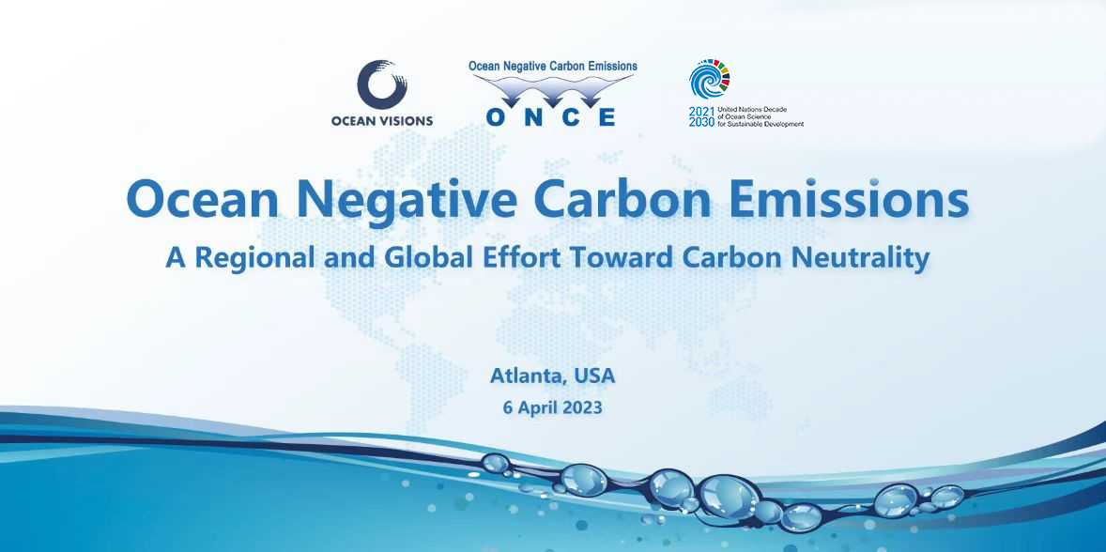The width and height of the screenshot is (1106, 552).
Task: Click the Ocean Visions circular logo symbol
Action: [382, 84]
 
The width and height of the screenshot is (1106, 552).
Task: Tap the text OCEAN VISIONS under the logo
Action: [382, 120]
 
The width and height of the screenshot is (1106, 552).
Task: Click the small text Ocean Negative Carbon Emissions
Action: [553, 67]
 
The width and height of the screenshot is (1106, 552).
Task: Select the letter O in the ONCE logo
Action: [498, 116]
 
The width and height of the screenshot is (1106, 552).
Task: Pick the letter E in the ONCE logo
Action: [607, 116]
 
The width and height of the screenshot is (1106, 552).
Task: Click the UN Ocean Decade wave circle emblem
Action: [710, 80]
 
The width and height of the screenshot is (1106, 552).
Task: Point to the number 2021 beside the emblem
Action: [701, 112]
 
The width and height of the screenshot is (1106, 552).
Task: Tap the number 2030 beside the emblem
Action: [701, 123]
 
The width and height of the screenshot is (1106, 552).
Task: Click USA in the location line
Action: [594, 376]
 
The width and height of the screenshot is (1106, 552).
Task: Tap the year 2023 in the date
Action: [582, 408]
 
